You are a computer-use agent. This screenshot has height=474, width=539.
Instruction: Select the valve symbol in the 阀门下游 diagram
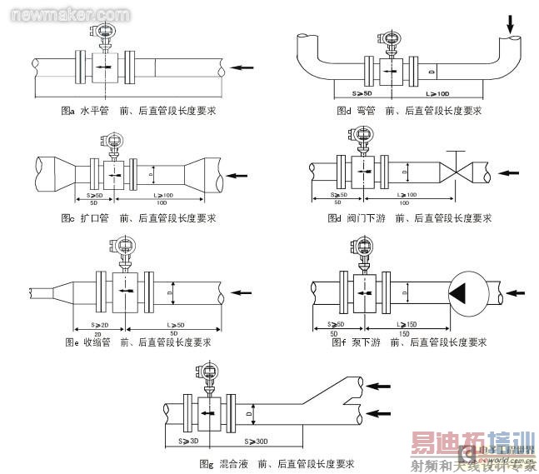(x=457, y=173)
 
